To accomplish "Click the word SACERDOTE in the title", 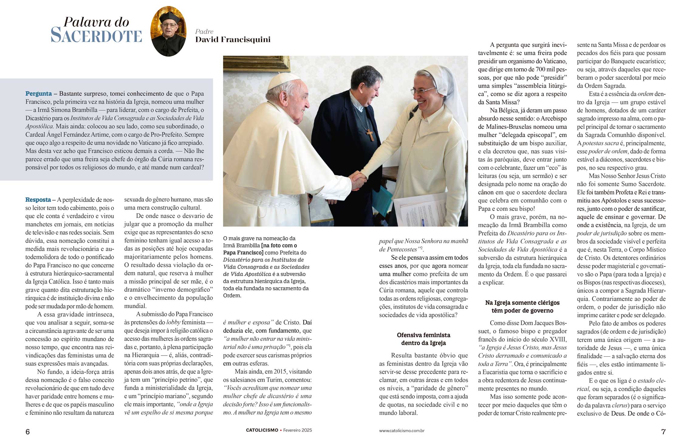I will [96, 36].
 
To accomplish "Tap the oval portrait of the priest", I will [168, 31].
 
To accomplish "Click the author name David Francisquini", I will [233, 40].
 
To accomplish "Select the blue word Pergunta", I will [39, 94].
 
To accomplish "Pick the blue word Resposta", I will [38, 200].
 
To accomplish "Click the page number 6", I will [28, 432].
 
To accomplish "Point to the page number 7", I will [663, 432].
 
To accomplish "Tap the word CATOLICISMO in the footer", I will [262, 430].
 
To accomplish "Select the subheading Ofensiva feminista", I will [423, 335].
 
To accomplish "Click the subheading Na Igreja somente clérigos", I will [522, 303].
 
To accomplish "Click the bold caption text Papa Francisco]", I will [243, 253].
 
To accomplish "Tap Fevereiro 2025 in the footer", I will [298, 430].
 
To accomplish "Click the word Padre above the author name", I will [204, 32].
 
